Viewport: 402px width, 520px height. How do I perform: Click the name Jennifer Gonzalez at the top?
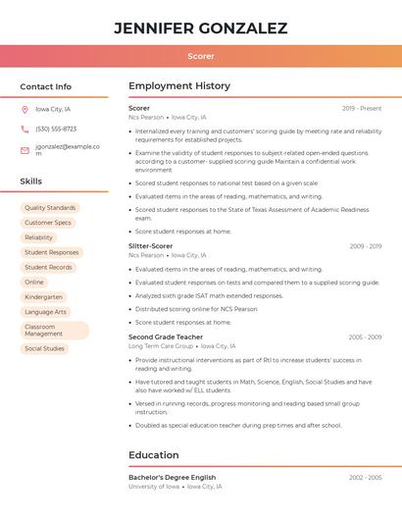[200, 28]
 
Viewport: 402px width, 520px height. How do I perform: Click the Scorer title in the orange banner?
[200, 56]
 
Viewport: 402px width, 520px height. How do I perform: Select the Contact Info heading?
[45, 86]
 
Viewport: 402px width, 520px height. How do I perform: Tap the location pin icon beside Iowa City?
[25, 109]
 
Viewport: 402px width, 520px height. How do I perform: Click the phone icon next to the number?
[25, 129]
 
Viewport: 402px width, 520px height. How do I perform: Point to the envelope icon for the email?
[25, 150]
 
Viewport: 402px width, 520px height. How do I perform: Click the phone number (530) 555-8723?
[56, 129]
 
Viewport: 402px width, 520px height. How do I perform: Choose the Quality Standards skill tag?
[50, 208]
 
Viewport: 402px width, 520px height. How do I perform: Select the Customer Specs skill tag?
[48, 223]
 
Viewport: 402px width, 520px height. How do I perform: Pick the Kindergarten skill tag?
[43, 296]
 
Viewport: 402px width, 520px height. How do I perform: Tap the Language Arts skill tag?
[45, 312]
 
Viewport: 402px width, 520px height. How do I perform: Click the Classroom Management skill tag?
[54, 331]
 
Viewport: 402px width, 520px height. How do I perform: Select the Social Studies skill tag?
[44, 348]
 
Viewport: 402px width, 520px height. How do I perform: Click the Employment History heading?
[178, 86]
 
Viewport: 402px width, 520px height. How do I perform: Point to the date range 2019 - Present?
[362, 108]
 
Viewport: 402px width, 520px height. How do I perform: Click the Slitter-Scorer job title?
[150, 246]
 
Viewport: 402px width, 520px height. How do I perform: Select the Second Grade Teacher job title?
[166, 337]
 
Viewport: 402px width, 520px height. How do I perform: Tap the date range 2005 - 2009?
[365, 337]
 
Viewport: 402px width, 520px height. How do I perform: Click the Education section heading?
[153, 455]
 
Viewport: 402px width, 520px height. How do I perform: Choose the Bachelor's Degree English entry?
[172, 477]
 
